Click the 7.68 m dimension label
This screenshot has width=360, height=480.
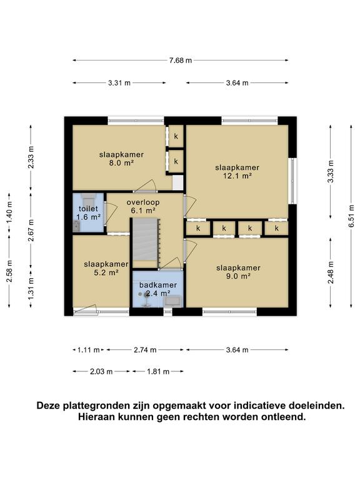click(x=180, y=60)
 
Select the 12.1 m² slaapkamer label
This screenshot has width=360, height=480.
click(x=237, y=172)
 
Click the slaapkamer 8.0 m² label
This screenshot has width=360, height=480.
click(x=121, y=158)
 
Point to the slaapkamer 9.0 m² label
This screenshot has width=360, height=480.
click(x=237, y=272)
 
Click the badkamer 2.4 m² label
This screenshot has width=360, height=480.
click(x=158, y=289)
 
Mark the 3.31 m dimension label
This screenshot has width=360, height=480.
click(x=119, y=82)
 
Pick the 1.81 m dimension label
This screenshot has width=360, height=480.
click(x=157, y=371)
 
